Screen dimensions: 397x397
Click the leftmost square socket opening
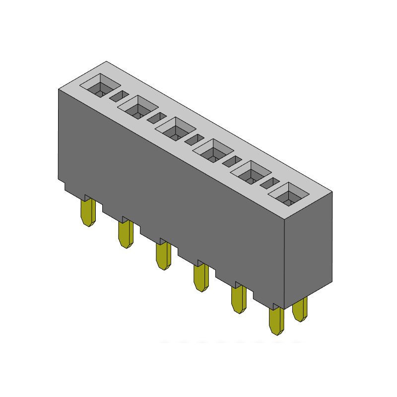pyautogui.click(x=101, y=85)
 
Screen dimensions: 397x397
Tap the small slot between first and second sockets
pyautogui.click(x=119, y=95)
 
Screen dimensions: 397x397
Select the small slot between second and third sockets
pyautogui.click(x=156, y=117)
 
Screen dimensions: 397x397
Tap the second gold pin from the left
pyautogui.click(x=126, y=234)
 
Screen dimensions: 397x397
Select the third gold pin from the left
pyautogui.click(x=163, y=256)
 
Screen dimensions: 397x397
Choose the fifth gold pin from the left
pyautogui.click(x=239, y=299)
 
